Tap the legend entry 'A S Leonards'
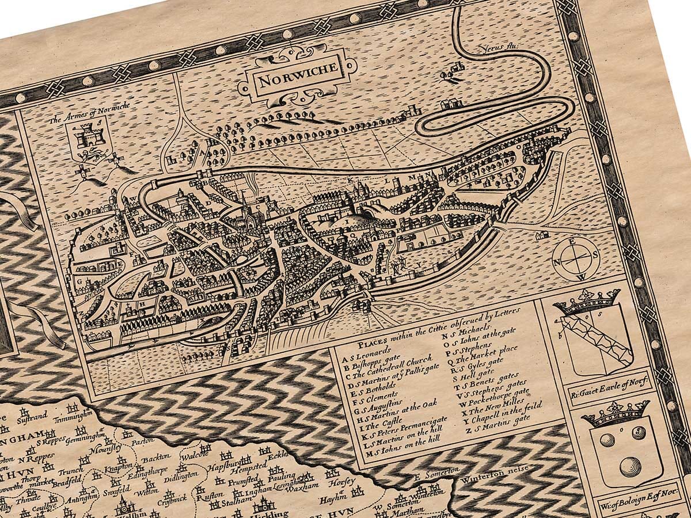pos(377,351)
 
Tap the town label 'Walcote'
pos(193,455)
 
